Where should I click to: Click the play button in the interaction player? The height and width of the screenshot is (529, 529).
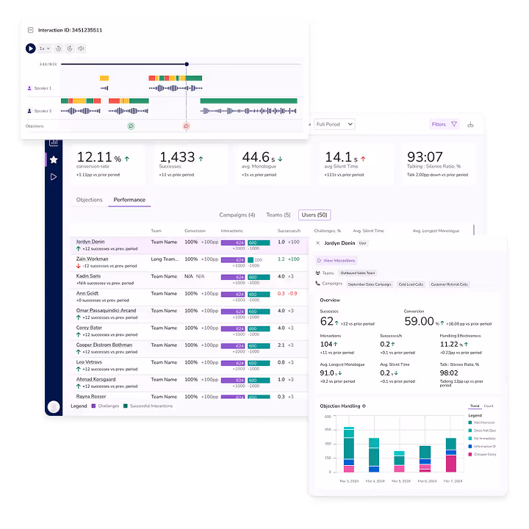point(30,48)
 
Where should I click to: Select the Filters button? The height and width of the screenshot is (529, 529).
point(444,124)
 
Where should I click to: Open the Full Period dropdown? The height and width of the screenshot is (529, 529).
point(334,124)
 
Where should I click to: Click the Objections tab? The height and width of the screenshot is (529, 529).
point(90,200)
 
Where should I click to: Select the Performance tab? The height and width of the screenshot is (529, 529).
point(129,200)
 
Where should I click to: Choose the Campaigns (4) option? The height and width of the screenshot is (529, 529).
point(237,215)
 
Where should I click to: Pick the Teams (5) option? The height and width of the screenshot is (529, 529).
point(278,215)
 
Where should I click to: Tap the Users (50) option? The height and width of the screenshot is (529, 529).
point(314,215)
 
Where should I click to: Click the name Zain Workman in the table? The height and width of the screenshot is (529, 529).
point(93,259)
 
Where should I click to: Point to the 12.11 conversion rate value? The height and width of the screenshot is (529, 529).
point(94,157)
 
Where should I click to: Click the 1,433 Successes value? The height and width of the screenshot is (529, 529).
point(177,157)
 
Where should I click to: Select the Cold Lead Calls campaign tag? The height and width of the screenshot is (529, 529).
point(410,284)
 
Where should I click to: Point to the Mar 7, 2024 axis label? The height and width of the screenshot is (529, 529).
point(450,481)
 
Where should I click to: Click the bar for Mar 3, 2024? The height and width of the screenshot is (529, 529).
point(349,449)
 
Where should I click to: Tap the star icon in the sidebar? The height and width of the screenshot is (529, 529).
point(54,159)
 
